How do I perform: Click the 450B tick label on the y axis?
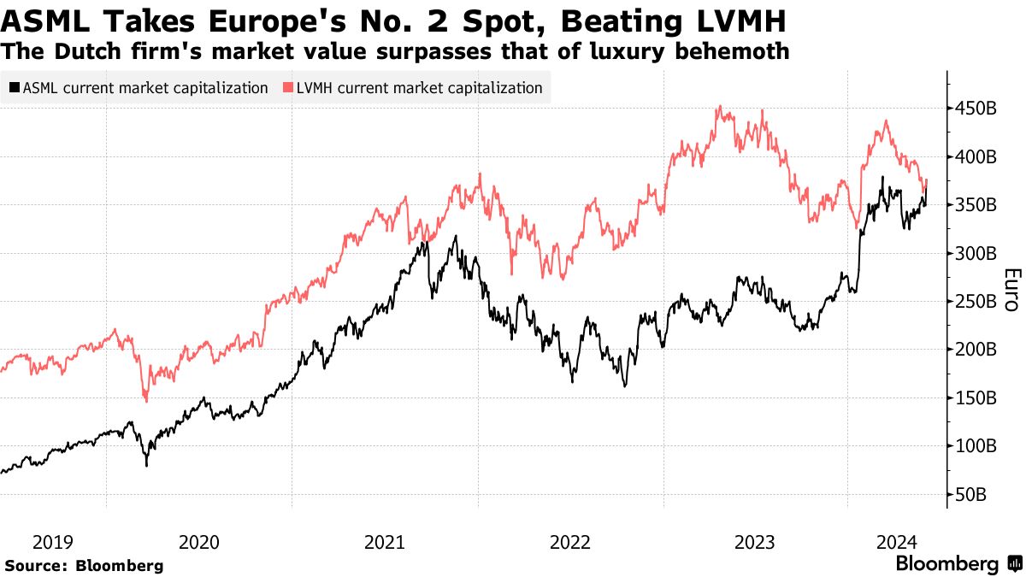point(975,109)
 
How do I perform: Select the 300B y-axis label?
point(975,253)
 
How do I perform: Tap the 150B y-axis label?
point(975,397)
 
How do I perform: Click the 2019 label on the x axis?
point(53,542)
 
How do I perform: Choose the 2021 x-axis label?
point(385,542)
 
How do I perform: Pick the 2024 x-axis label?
point(898,542)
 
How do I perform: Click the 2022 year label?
point(570,542)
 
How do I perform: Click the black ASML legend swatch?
point(15,88)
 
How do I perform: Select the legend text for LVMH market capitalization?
point(419,88)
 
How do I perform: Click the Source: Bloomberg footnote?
point(84,566)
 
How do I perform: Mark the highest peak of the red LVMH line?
point(720,107)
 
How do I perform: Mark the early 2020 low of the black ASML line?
point(146,465)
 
